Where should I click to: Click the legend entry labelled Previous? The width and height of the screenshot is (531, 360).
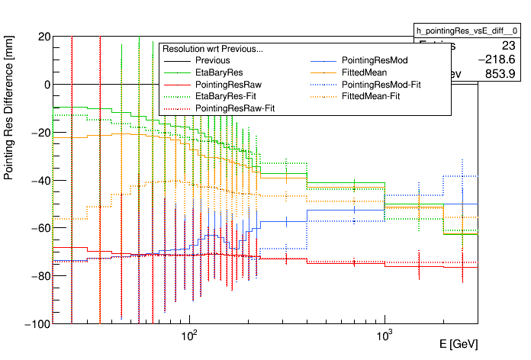212,60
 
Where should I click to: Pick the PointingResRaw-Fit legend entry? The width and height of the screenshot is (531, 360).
235,109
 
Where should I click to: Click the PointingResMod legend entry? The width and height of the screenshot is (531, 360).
375,60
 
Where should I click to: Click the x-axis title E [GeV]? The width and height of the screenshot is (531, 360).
459,345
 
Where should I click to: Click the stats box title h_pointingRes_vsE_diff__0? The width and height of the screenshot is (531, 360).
465,30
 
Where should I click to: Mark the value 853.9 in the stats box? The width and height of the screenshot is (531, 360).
500,73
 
